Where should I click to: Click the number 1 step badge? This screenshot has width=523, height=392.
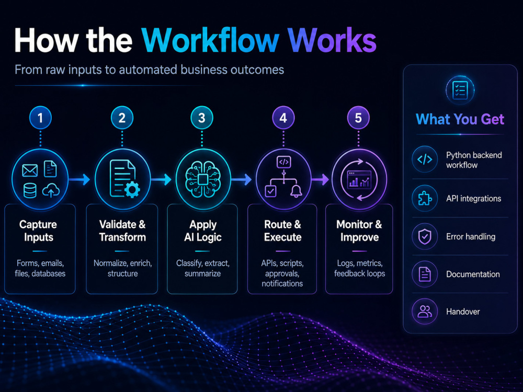tap(40, 118)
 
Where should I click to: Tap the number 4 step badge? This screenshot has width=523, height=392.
tap(283, 118)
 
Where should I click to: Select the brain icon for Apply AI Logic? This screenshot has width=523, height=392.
tap(203, 180)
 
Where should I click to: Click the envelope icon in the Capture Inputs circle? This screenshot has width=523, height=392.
tap(30, 170)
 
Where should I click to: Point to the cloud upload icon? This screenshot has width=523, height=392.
tap(51, 191)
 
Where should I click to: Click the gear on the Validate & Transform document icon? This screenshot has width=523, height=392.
tap(132, 190)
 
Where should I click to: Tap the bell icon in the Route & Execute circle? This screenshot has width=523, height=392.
tap(296, 191)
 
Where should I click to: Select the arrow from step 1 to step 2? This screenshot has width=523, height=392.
tap(79, 179)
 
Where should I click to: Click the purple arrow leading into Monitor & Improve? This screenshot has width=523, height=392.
tap(321, 179)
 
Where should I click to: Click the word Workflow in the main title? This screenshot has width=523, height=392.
tap(210, 40)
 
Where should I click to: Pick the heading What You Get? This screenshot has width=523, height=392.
tap(460, 119)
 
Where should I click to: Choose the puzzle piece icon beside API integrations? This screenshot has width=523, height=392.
tap(425, 198)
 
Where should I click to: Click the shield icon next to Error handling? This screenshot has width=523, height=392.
tap(425, 237)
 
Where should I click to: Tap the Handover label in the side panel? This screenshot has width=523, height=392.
tap(463, 312)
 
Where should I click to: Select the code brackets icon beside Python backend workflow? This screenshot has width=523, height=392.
tap(425, 159)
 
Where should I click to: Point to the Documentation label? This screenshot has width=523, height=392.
tap(473, 274)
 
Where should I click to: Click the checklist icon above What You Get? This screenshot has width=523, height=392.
tap(460, 90)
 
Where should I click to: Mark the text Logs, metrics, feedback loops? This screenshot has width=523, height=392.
tap(360, 268)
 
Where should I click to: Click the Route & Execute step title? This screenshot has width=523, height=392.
tap(283, 230)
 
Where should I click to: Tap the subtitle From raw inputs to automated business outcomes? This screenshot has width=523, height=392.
tap(150, 70)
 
